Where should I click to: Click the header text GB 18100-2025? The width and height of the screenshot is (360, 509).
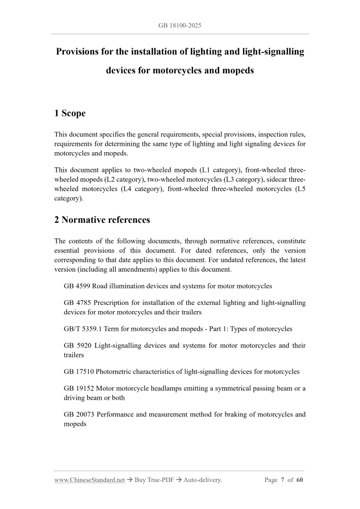click(x=180, y=24)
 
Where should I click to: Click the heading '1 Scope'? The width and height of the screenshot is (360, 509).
click(x=70, y=113)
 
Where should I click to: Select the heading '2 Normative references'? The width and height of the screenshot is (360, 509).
click(x=102, y=220)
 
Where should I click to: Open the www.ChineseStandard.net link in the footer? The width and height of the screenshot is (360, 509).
click(x=89, y=480)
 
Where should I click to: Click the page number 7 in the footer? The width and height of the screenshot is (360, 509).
click(x=284, y=480)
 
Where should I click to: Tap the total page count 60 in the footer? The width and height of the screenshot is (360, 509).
click(x=300, y=480)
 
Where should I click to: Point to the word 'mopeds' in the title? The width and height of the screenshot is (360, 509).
click(x=236, y=70)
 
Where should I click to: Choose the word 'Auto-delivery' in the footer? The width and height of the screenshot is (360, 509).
click(x=203, y=480)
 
